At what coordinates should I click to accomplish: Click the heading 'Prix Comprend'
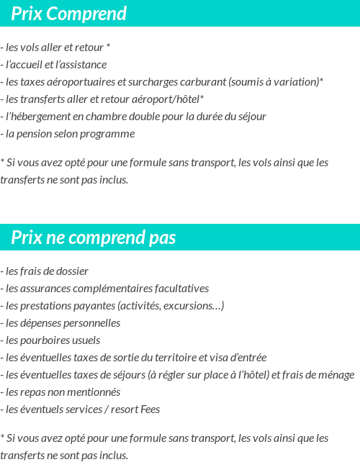coord(68,14)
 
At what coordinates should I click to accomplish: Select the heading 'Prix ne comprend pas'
coord(93,237)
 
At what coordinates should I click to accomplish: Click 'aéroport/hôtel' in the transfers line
coord(166,99)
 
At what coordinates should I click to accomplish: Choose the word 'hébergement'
coord(41,117)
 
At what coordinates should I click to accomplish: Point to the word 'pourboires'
coord(48,340)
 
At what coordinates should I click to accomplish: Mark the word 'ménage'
coord(336,375)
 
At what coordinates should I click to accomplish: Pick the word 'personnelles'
coord(91,323)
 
